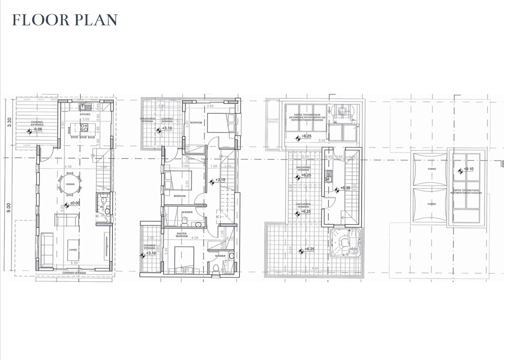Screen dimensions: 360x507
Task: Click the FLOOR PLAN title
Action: [x=65, y=20]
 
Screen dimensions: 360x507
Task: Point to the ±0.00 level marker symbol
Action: [x=67, y=203]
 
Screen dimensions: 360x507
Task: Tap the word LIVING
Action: [x=72, y=250]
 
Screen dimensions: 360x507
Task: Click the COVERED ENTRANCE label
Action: [x=37, y=124]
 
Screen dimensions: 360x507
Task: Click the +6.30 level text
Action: [x=346, y=188]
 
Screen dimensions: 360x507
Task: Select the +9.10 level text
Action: [x=468, y=169]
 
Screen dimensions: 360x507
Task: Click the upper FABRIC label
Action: [x=432, y=169]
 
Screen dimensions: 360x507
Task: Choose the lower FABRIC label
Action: [x=432, y=204]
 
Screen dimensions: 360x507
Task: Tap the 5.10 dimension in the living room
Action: [x=73, y=263]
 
